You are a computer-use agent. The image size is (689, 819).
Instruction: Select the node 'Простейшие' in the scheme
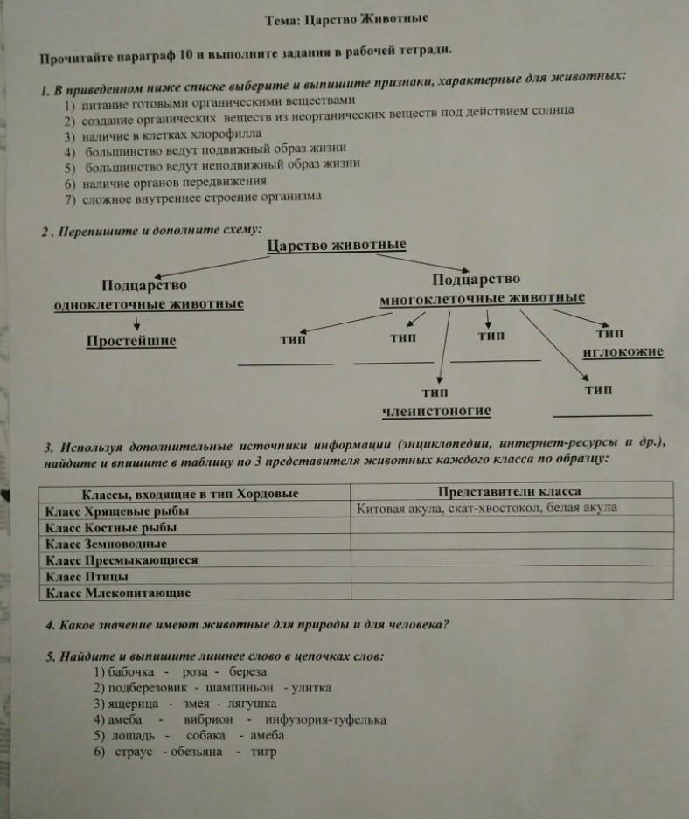131,341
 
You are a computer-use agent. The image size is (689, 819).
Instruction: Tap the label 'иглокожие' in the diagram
623,352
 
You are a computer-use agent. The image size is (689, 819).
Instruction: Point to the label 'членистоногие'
436,411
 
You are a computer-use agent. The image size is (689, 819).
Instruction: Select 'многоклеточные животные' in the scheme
483,299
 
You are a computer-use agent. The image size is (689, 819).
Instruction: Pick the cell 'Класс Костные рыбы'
111,527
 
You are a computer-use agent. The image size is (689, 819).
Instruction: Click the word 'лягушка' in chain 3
251,704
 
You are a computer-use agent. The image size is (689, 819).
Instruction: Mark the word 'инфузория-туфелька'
331,720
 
